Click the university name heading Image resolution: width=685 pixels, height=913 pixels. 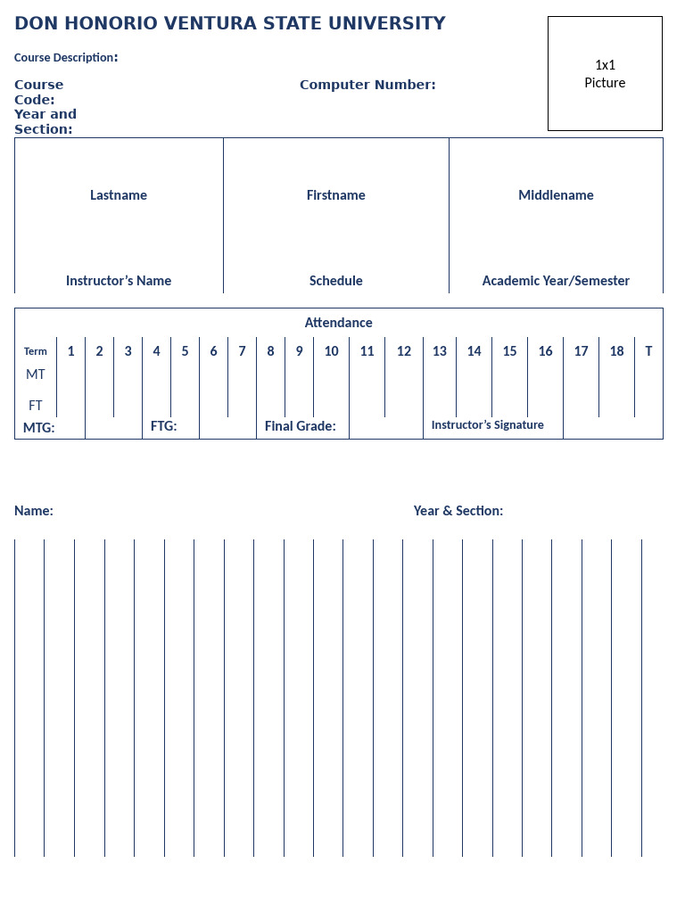(230, 24)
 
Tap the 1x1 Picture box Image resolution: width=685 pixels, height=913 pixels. (605, 74)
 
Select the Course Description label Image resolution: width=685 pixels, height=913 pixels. (65, 58)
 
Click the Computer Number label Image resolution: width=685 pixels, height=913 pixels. (367, 86)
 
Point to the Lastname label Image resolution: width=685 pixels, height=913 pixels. (119, 195)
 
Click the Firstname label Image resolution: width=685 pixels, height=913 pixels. (336, 195)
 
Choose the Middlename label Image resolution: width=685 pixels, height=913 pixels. (556, 195)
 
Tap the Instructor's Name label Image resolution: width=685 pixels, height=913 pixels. (119, 281)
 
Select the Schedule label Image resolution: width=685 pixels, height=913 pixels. (336, 281)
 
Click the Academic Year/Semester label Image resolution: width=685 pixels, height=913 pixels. (556, 281)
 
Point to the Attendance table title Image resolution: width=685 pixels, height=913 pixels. (339, 323)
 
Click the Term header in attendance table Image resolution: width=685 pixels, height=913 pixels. (36, 351)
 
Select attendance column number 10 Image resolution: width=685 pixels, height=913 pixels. (332, 351)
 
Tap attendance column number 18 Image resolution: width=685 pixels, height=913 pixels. (617, 351)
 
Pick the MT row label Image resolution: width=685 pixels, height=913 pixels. (36, 374)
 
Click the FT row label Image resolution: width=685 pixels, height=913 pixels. (36, 406)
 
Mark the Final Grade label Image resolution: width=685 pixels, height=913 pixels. (301, 427)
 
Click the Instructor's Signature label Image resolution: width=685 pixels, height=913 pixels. (488, 425)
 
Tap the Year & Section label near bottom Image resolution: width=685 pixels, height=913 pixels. (458, 511)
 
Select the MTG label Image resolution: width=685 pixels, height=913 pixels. (39, 428)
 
